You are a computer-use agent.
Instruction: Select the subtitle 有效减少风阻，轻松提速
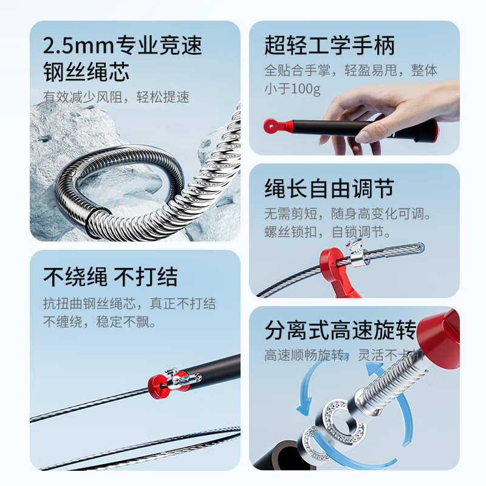[x=115, y=97]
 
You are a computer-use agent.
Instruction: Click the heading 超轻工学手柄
[x=329, y=46]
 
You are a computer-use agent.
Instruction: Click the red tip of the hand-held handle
[x=272, y=126]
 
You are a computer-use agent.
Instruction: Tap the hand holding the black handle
[x=395, y=109]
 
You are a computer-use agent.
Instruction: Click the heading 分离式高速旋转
[x=340, y=331]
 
